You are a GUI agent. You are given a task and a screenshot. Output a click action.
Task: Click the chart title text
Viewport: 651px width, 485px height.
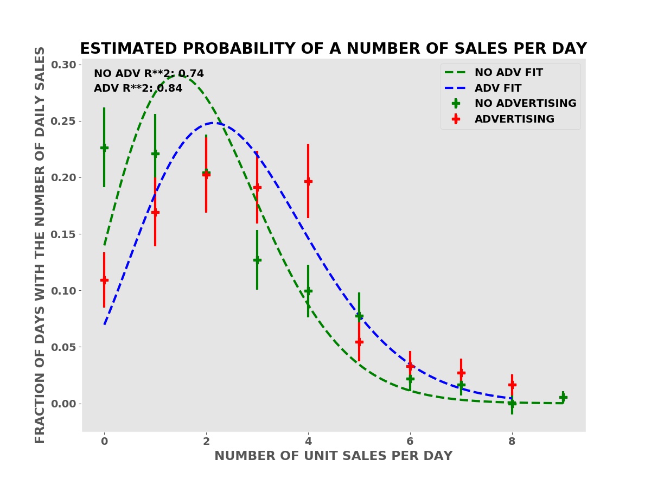pos(333,49)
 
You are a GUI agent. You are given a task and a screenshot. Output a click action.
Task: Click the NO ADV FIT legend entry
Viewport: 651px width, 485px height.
pos(508,73)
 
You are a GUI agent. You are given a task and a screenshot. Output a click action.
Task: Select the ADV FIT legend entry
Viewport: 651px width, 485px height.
pos(497,88)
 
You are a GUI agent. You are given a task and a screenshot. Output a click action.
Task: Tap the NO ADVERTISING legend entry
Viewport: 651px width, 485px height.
pos(525,104)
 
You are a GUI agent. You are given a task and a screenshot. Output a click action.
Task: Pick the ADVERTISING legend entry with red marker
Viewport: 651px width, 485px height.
pos(514,119)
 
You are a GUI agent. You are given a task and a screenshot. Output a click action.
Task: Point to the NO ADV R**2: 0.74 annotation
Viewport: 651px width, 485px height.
pos(149,74)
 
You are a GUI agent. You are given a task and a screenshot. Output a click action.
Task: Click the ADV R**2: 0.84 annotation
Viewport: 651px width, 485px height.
pos(138,88)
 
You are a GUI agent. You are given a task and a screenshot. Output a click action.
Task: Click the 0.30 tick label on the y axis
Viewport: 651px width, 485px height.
pos(63,65)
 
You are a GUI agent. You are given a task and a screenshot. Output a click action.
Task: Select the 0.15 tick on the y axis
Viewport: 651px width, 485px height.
pos(63,234)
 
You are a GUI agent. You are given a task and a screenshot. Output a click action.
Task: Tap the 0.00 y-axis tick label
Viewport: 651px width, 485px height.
pos(63,404)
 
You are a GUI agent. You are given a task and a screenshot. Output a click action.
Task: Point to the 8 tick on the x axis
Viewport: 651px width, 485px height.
pos(512,442)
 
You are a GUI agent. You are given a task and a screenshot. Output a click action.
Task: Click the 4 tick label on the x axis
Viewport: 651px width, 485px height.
pos(308,442)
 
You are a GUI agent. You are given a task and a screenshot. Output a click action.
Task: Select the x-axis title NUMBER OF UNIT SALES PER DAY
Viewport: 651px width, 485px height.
pos(333,456)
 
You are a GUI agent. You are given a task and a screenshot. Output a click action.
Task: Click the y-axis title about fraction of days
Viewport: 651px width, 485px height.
pos(40,245)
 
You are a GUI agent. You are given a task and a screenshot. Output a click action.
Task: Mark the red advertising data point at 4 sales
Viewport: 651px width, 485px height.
pos(308,181)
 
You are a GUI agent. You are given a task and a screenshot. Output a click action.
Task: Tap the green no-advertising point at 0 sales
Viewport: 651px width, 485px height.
pos(104,148)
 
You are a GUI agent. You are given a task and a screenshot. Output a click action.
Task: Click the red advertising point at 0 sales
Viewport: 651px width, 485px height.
pos(104,280)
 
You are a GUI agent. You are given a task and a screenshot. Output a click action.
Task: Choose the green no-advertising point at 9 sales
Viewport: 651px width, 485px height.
pos(563,397)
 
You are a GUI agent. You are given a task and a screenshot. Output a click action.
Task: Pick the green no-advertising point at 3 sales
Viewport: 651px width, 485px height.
pos(257,260)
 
